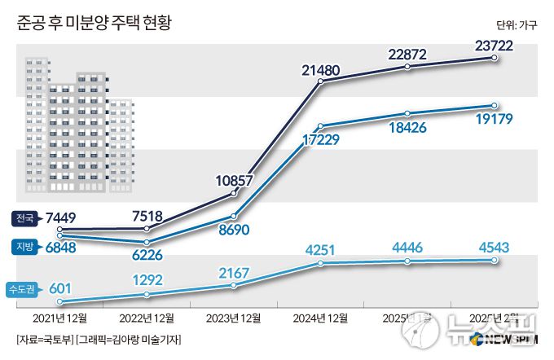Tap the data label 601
click(x=62, y=288)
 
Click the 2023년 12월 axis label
click(x=233, y=317)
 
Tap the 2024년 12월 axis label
click(x=320, y=317)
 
